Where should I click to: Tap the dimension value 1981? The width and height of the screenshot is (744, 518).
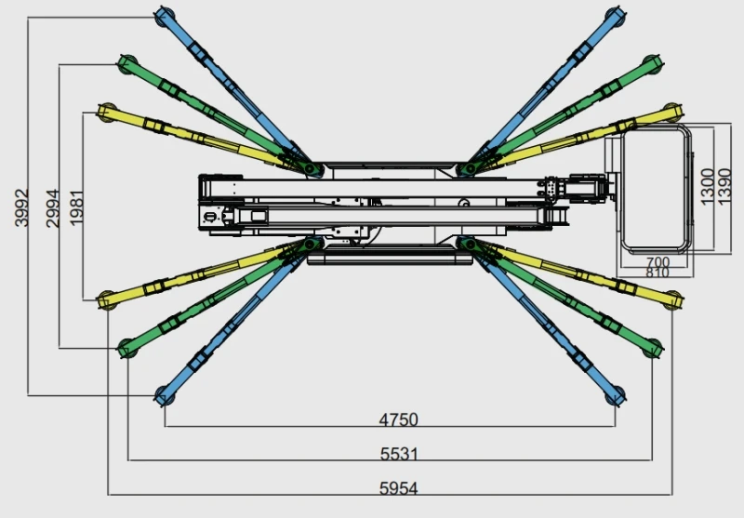pos(77,206)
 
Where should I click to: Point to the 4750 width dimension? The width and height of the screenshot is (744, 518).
pos(398,419)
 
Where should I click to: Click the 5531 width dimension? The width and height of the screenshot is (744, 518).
pos(398,454)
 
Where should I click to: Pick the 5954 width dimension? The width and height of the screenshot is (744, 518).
pos(398,487)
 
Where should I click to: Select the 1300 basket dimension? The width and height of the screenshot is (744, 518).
pos(708,186)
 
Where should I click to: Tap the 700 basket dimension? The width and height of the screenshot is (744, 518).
pos(658,261)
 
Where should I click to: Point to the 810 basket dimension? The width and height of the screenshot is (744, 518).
pos(658,272)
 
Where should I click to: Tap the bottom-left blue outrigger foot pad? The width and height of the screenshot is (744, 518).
pos(164,399)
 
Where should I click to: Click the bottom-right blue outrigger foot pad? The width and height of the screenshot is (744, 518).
pos(615,399)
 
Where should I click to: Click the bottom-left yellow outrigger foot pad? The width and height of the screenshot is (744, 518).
pos(105,299)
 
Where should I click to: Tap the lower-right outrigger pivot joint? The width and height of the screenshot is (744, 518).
pos(467,244)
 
